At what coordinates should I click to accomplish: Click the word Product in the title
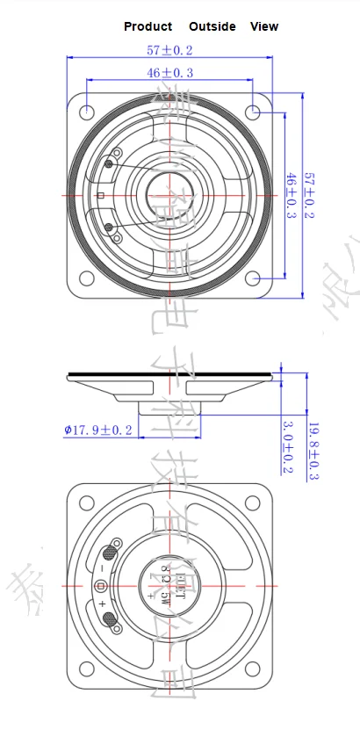click(148, 26)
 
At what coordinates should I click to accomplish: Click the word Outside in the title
click(212, 26)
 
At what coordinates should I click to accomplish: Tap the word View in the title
click(264, 26)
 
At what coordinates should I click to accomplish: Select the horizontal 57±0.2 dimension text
click(171, 51)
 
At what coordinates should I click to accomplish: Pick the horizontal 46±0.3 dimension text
click(171, 73)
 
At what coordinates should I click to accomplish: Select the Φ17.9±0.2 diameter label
click(98, 430)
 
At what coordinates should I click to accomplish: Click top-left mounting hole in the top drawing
click(88, 112)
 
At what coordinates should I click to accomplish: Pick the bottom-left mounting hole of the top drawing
click(88, 254)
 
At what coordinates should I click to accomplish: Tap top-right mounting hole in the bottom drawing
click(254, 503)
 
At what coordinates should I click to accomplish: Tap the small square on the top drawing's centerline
click(101, 194)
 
